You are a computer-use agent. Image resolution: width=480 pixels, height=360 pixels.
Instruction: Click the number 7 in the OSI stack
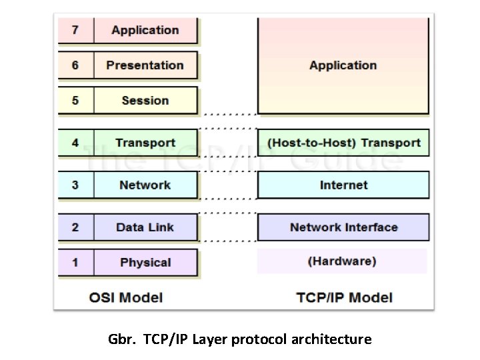tap(75, 30)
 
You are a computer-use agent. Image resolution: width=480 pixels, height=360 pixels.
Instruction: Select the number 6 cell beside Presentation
tap(75, 65)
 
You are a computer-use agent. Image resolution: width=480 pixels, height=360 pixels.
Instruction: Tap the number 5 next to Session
tap(75, 101)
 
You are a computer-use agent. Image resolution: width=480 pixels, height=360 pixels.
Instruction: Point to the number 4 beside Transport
tap(75, 143)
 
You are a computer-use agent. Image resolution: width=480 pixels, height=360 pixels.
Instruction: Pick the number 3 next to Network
tap(75, 185)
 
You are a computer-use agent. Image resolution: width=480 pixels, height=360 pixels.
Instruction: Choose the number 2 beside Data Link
tap(75, 227)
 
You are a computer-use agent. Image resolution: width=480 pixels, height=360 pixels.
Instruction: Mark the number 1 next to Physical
tap(75, 262)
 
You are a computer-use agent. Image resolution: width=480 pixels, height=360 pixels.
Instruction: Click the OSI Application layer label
tap(145, 30)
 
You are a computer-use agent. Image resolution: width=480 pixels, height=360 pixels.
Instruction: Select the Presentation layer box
tap(145, 65)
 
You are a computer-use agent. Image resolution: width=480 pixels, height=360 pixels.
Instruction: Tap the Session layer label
tap(145, 101)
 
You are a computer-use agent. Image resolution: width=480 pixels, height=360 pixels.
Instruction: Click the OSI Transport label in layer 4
tap(145, 143)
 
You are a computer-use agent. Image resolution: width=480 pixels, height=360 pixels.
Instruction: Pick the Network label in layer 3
tap(145, 185)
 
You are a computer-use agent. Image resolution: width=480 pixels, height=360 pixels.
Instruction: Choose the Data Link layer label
tap(145, 227)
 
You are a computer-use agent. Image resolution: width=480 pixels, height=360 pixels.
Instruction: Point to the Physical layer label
tap(145, 262)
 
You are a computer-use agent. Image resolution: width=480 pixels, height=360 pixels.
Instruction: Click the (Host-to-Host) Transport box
tap(343, 143)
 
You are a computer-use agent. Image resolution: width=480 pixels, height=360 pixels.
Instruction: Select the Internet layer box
tap(343, 185)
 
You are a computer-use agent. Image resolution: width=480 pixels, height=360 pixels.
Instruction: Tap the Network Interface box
tap(343, 227)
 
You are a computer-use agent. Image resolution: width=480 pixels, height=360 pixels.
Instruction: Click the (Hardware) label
tap(342, 261)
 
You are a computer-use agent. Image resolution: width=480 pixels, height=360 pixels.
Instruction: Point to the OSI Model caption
tap(126, 297)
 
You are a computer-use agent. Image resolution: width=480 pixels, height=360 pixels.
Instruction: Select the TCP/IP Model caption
tap(345, 297)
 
